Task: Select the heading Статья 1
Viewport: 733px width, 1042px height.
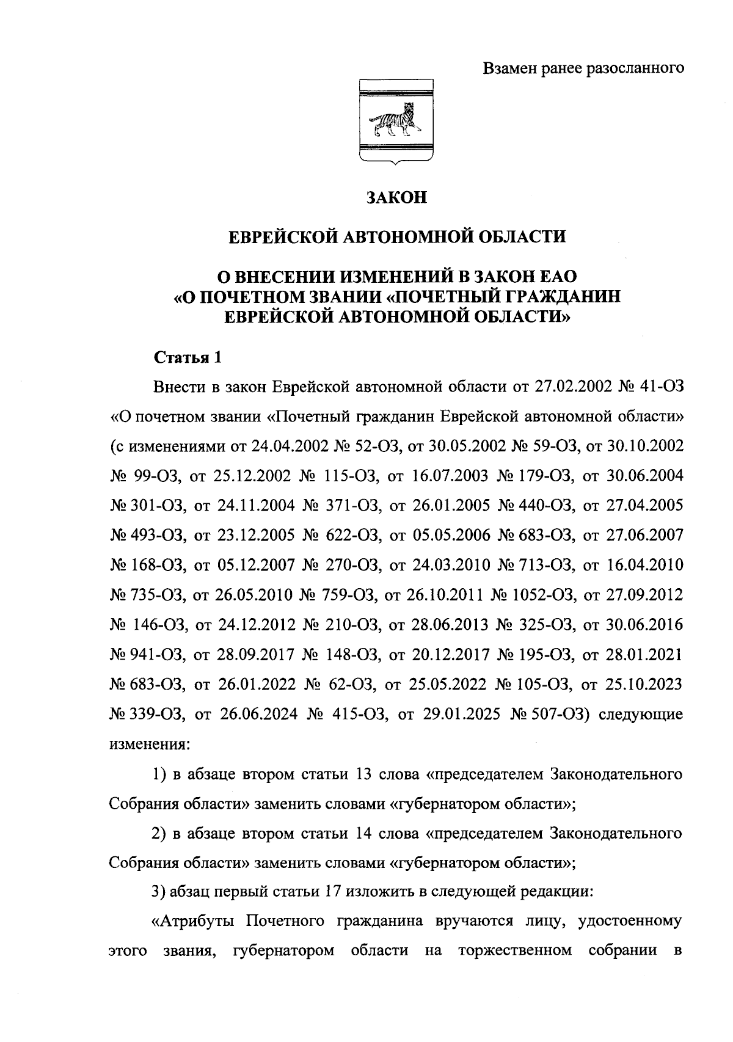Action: point(186,357)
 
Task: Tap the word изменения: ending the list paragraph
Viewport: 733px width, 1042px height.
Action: point(150,745)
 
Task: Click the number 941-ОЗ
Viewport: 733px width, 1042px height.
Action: point(158,655)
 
